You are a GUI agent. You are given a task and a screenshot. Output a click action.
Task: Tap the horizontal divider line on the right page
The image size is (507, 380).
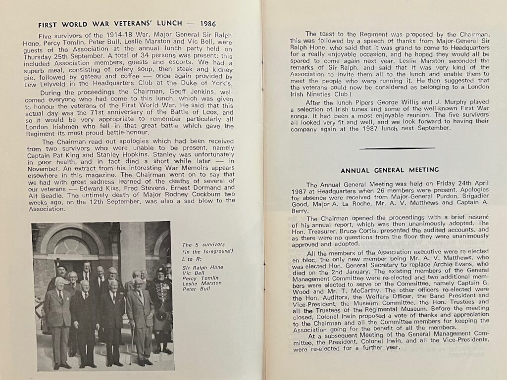tap(397, 148)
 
